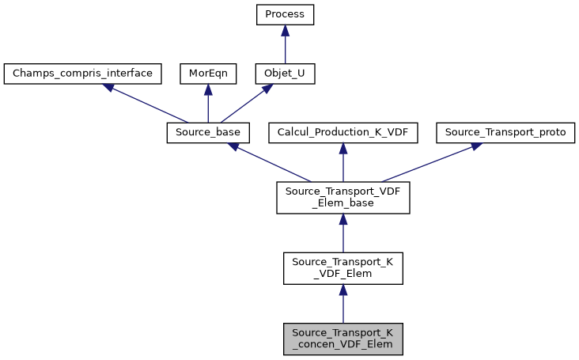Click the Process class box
pyautogui.click(x=285, y=14)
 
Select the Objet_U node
pyautogui.click(x=285, y=74)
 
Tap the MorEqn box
pyautogui.click(x=207, y=74)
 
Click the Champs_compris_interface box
pyautogui.click(x=83, y=74)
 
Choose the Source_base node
pyautogui.click(x=208, y=133)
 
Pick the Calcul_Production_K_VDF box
pyautogui.click(x=342, y=133)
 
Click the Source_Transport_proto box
pyautogui.click(x=505, y=133)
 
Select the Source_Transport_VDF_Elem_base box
pyautogui.click(x=342, y=197)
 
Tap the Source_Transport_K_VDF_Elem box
pyautogui.click(x=342, y=268)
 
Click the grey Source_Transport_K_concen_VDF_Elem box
pyautogui.click(x=342, y=339)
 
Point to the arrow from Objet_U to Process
pyautogui.click(x=285, y=46)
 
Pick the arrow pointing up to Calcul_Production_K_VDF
pyautogui.click(x=342, y=164)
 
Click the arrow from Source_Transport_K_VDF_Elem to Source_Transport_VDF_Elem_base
pyautogui.click(x=342, y=235)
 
